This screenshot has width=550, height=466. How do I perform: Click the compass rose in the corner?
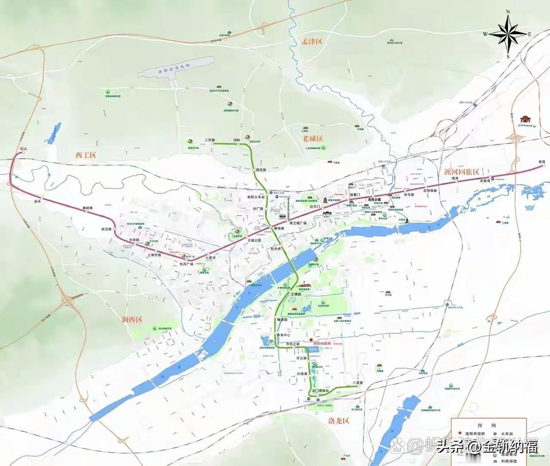pyautogui.click(x=508, y=34)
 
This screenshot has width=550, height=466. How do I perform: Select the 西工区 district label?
pyautogui.click(x=85, y=155)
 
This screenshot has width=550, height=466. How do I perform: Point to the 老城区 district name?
pyautogui.click(x=313, y=139)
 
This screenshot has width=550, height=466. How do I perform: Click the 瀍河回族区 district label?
pyautogui.click(x=462, y=172)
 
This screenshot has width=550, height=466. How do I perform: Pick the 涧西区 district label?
pyautogui.click(x=132, y=320)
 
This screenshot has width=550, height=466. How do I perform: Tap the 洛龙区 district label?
pyautogui.click(x=336, y=420)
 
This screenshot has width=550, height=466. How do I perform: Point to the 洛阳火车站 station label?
pyautogui.click(x=256, y=197)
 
